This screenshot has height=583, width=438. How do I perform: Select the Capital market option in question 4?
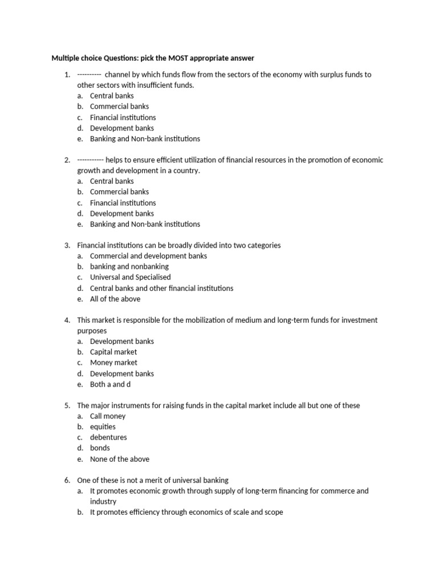coord(113,352)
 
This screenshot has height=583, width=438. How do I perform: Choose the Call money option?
coord(108,416)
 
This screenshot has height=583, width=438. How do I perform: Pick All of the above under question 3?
coord(115,299)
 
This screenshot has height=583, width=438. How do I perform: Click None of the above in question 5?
coord(119,459)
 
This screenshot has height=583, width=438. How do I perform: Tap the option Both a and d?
coord(110,384)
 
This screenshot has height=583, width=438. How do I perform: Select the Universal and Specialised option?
coord(130,277)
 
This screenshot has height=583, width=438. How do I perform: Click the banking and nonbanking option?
coord(129,266)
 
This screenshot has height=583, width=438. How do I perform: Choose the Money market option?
coord(113,363)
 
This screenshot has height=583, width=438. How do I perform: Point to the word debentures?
coord(108,437)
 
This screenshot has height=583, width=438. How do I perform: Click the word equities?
coord(103,426)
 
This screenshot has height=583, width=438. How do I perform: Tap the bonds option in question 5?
coord(100,448)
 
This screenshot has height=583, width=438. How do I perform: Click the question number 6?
coord(67,480)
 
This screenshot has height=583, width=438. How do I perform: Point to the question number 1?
coord(67,75)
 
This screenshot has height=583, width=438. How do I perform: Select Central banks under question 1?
coord(112,96)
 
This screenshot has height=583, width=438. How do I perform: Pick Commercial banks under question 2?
coord(119,192)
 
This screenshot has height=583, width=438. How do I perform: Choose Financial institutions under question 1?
coord(123,117)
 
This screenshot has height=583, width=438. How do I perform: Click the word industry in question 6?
coord(103,502)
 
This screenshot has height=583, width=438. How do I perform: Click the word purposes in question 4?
coord(92,331)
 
